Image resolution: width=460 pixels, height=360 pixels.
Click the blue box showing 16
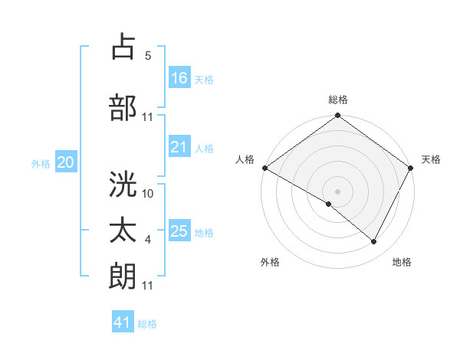[x=179, y=78]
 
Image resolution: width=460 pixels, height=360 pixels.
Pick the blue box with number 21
[x=179, y=148]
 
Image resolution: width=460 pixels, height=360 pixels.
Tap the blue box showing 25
[x=179, y=232]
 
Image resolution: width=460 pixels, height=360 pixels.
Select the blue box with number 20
[x=66, y=162]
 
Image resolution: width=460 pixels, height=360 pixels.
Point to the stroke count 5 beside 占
[x=148, y=56]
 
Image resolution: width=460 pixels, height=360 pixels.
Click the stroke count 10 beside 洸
[x=148, y=194]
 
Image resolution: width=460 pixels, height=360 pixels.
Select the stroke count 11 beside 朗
[x=148, y=286]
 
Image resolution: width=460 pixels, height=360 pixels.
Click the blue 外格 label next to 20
[x=41, y=163]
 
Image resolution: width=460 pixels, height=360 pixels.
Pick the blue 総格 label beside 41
[x=147, y=324]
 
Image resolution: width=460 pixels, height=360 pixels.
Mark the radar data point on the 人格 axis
[x=264, y=168]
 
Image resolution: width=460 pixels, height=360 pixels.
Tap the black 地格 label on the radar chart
[x=402, y=262]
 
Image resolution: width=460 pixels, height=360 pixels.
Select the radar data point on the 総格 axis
[x=337, y=116]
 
